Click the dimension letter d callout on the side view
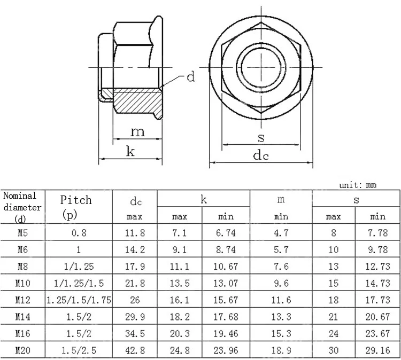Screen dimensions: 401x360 click(191, 77)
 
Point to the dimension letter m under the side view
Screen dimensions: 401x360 click(137, 132)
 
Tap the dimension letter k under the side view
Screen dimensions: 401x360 click(130, 151)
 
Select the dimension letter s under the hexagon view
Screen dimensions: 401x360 click(261, 138)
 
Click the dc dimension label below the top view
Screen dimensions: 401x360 click(261, 155)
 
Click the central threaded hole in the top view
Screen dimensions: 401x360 click(261, 67)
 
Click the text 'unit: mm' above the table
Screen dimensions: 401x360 click(358, 185)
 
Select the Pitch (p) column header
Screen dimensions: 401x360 click(76, 207)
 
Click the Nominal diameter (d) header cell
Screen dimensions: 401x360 click(22, 207)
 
